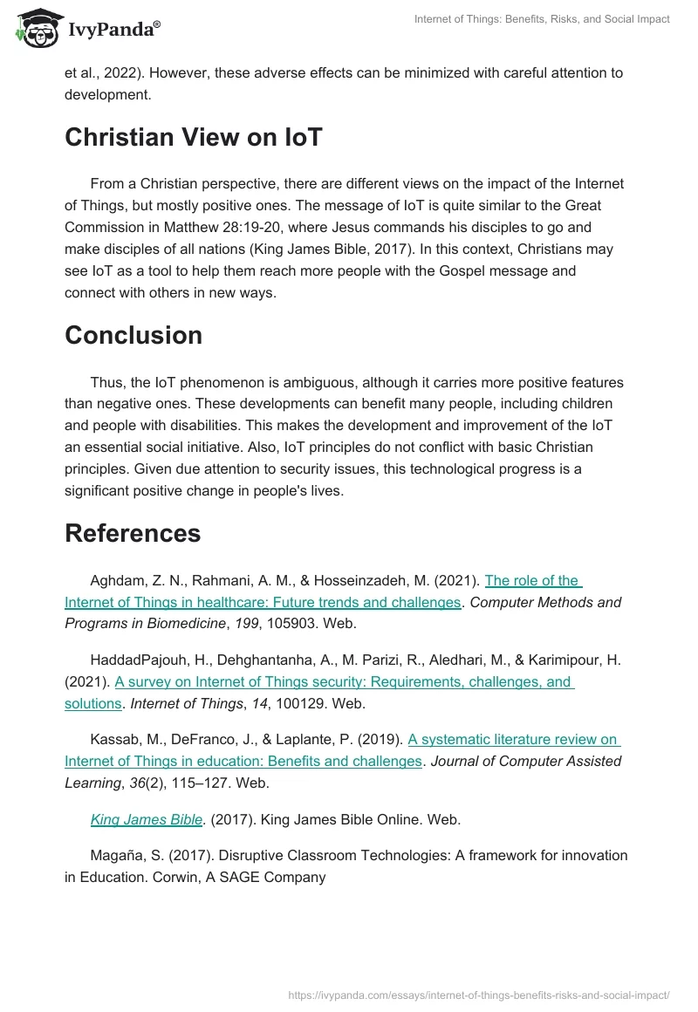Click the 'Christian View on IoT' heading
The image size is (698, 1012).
(x=193, y=137)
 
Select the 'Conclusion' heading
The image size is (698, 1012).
(x=133, y=335)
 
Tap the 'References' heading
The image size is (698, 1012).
(x=133, y=533)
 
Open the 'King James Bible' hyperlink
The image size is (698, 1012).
(x=147, y=819)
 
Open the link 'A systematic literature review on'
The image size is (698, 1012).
(x=513, y=739)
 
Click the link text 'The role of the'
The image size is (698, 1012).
(x=532, y=580)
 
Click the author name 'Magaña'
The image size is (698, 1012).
(x=117, y=855)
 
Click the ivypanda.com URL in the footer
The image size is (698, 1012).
(x=478, y=994)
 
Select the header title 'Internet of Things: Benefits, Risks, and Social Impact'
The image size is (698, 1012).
(x=541, y=19)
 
